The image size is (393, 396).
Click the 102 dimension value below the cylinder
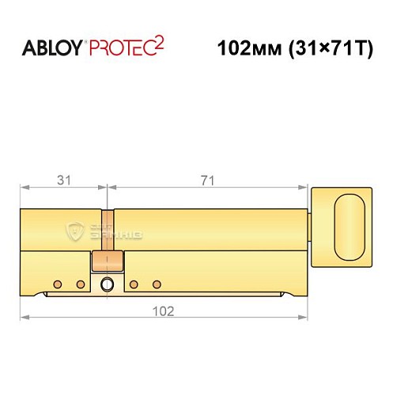(x=164, y=310)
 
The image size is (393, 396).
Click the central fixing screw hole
(x=105, y=286)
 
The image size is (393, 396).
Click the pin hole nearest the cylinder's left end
(x=57, y=284)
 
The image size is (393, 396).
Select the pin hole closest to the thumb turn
(x=156, y=284)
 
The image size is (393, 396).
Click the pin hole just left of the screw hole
(x=79, y=284)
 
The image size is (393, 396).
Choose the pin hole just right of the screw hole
(x=134, y=284)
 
